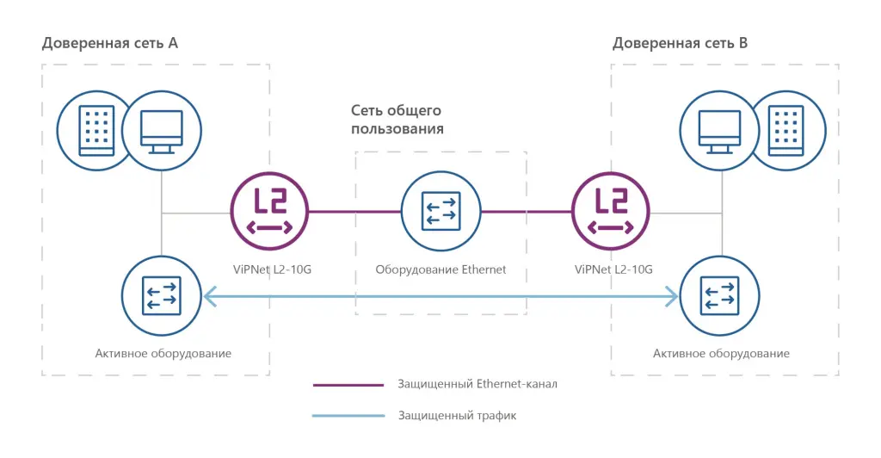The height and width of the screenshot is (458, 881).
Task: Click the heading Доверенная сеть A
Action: (110, 43)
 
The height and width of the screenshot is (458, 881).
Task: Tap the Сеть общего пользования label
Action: (397, 120)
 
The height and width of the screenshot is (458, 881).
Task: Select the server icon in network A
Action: (96, 131)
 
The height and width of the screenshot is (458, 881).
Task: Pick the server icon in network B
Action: (785, 131)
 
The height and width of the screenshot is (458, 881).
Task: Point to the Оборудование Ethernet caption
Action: (440, 269)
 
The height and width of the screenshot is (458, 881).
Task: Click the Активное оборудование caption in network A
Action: (163, 353)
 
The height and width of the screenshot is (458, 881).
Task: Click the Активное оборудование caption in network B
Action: (721, 353)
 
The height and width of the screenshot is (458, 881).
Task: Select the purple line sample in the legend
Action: (348, 385)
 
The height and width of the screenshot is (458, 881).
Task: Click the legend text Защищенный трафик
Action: (457, 416)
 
